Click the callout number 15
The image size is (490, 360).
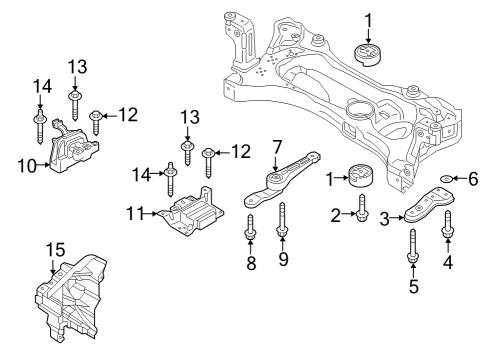coord(55,249)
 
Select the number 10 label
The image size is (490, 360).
coord(27,165)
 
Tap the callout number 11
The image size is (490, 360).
coord(135,213)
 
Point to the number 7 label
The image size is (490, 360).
coord(277,147)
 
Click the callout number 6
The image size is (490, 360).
coord(473,179)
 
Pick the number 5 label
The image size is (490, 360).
coord(414,286)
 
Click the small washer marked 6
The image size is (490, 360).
coord(446,179)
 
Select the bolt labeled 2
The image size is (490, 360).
coord(361,208)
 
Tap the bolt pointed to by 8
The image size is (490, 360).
coord(250,227)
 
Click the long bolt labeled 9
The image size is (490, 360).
coord(282,221)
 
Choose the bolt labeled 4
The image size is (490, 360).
coord(447,225)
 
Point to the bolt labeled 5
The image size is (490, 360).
coord(412,246)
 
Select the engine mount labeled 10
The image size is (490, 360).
coord(73,147)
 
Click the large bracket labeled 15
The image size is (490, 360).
coord(70,297)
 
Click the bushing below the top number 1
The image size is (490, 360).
coord(368,54)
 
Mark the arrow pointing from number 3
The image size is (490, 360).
coord(397,218)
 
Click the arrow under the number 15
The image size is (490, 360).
coord(52,267)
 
